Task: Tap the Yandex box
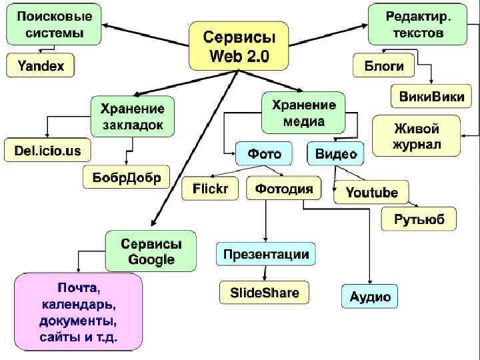pos(41,65)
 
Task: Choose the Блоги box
pos(383,66)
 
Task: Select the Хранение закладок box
pos(132,116)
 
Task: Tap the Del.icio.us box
pos(47,151)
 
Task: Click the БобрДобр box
pos(126,178)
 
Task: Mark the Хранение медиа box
pos(303,113)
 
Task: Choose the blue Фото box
pos(265,154)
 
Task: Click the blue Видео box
pos(335,154)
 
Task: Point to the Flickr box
pos(210,189)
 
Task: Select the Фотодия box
pos(283,189)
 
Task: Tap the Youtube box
pos(371,193)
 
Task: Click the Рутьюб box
pos(419,219)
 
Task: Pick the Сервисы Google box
pos(151,251)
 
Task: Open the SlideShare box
pos(264,293)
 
